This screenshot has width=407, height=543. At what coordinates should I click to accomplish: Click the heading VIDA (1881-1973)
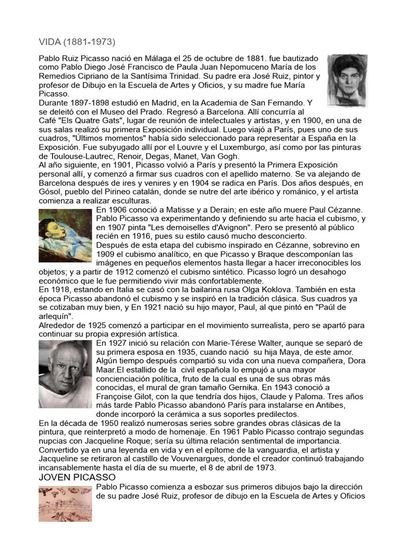[x=77, y=41]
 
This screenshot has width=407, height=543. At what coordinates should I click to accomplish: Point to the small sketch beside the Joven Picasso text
[x=65, y=504]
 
